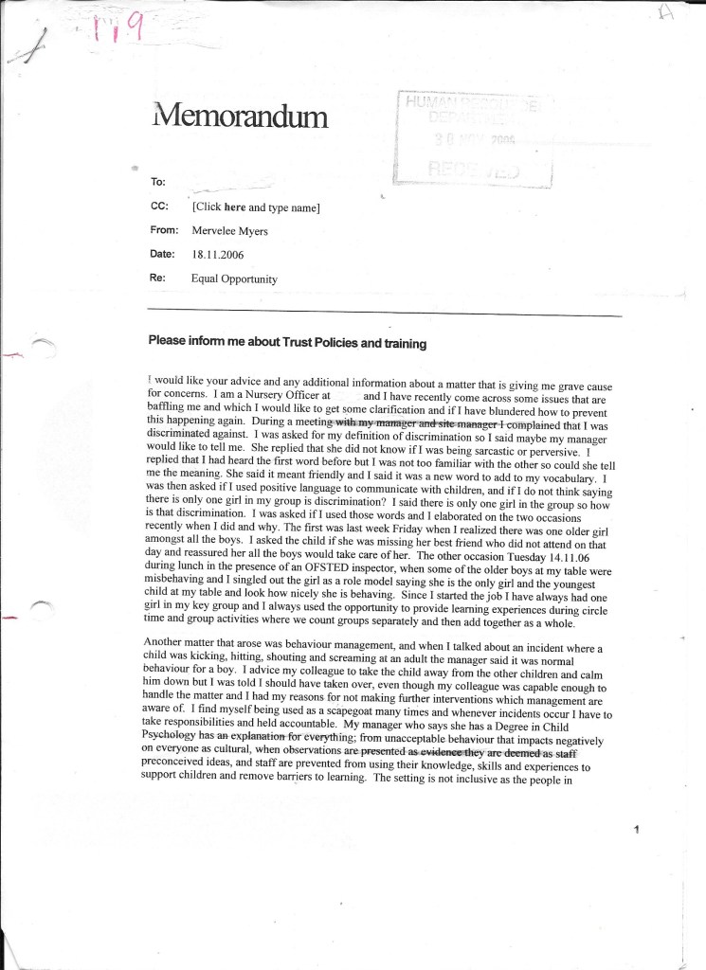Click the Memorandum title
239,117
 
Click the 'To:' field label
157,180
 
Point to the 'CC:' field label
158,206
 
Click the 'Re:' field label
157,279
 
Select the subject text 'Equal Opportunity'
234,279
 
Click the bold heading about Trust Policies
287,343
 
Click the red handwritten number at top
119,33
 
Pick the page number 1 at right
638,831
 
